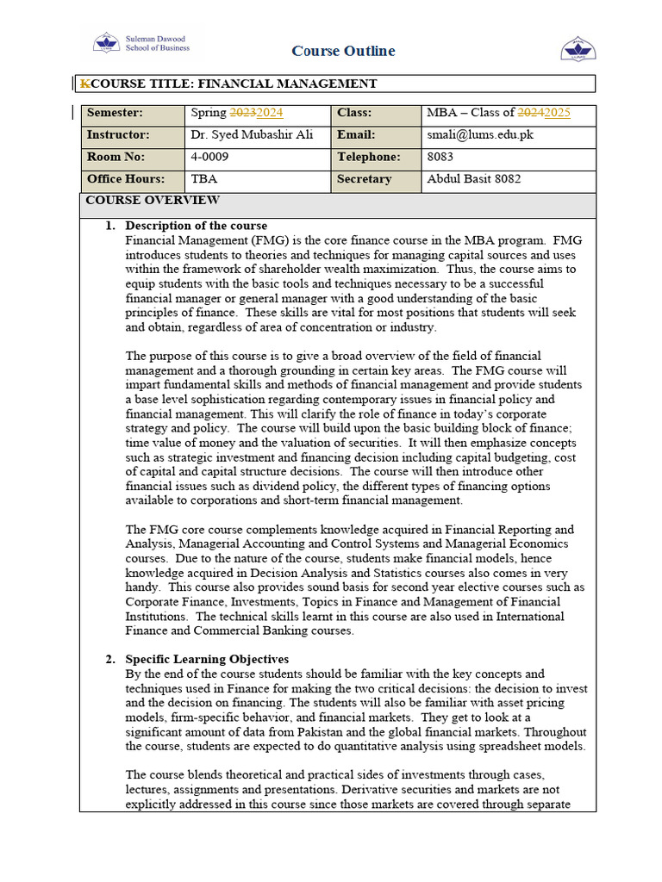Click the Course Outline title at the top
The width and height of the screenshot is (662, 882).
tap(343, 51)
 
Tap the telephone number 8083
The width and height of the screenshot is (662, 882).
tap(440, 158)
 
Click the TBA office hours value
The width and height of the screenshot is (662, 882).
tap(204, 179)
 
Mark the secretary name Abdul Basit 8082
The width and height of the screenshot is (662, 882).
tap(473, 179)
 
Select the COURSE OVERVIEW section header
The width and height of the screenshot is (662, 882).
tap(153, 201)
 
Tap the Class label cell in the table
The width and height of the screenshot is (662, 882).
tap(354, 113)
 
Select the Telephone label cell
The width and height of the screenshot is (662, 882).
tap(369, 158)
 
